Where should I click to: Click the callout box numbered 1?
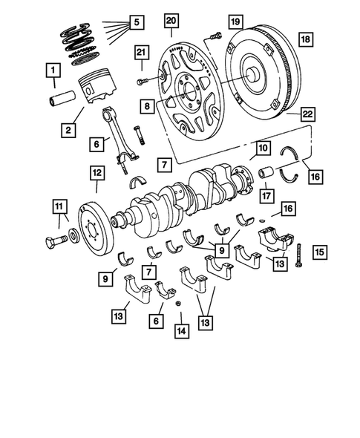click(x=53, y=72)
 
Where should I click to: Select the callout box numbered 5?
click(x=136, y=22)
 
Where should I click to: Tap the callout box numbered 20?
click(x=171, y=19)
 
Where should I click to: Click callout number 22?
click(x=307, y=114)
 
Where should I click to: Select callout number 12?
click(x=97, y=174)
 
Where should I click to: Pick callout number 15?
click(x=319, y=252)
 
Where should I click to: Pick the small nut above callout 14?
click(x=178, y=304)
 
